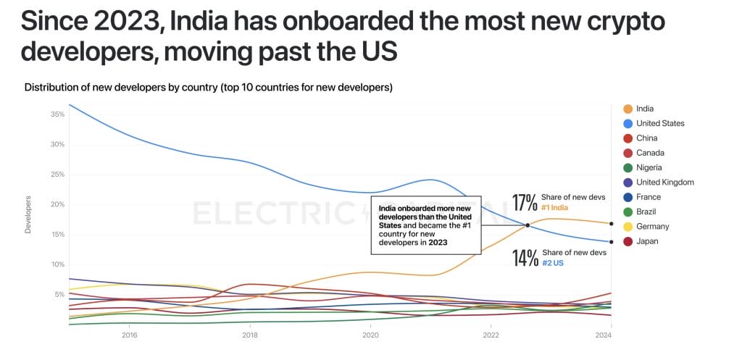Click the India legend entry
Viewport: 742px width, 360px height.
[x=644, y=109]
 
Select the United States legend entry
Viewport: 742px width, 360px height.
[x=659, y=123]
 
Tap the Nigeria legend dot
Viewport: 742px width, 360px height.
[x=628, y=167]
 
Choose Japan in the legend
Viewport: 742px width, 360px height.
[x=646, y=241]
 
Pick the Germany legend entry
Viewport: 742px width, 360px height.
[x=651, y=227]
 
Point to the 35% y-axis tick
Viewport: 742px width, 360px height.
[x=58, y=114]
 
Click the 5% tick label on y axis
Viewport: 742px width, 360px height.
[x=59, y=294]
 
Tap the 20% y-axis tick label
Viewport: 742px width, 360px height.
[x=58, y=204]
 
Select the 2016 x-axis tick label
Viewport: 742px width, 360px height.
[x=130, y=335]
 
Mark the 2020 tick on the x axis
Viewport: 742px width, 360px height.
[x=370, y=335]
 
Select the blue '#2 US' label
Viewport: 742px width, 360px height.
[x=553, y=263]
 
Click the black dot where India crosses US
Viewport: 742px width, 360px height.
[x=528, y=225]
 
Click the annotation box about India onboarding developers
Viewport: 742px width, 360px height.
[x=425, y=225]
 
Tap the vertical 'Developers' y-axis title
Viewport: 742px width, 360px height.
[x=28, y=214]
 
